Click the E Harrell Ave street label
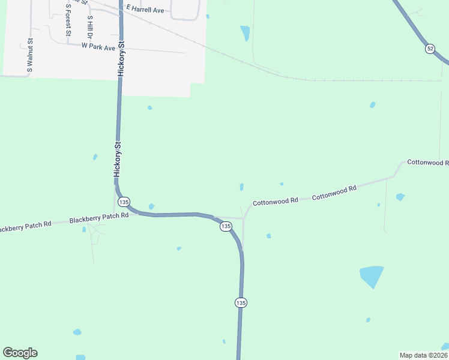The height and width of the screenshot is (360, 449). coord(145,10)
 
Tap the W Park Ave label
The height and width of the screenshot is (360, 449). coord(98,47)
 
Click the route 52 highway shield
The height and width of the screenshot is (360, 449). coord(430,49)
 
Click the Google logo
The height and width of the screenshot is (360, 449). coord(20,353)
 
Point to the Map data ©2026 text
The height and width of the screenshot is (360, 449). coord(423,355)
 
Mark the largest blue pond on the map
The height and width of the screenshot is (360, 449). coord(372,276)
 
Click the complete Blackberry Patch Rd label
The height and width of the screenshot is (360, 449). coord(99,218)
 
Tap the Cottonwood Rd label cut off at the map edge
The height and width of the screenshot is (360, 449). coord(428,163)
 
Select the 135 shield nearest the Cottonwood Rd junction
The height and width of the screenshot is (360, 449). coord(226,226)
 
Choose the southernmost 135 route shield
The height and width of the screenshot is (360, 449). coord(241,303)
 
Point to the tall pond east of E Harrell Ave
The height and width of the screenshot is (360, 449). coord(245,33)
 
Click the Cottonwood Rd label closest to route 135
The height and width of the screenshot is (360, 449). coord(276,202)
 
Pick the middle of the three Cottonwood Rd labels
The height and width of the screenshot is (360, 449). coord(334,192)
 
